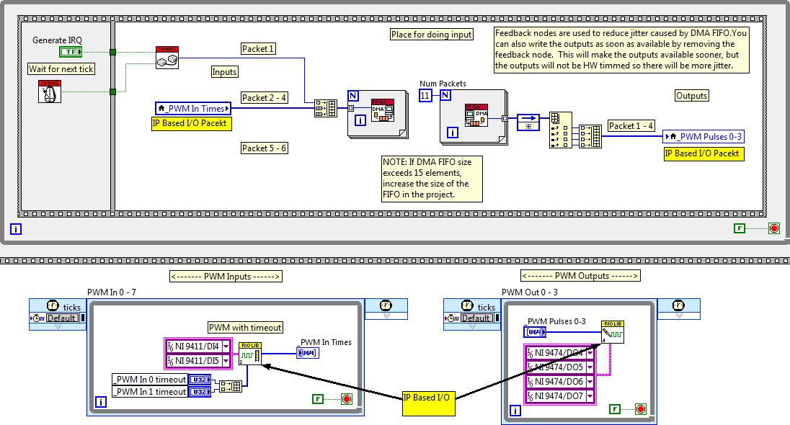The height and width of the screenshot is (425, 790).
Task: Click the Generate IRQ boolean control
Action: click(x=70, y=52)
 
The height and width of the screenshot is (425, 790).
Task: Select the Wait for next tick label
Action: click(x=61, y=69)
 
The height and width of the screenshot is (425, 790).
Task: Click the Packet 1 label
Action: click(x=258, y=49)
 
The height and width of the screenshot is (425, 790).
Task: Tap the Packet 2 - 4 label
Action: click(x=264, y=97)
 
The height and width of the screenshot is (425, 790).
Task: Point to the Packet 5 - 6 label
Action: click(x=264, y=148)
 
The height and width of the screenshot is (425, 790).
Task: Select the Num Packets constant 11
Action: click(x=426, y=94)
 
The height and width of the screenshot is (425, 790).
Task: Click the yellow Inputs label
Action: click(x=224, y=72)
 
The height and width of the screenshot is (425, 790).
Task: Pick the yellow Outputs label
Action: click(x=692, y=95)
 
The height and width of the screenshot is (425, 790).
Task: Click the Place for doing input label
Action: click(x=432, y=35)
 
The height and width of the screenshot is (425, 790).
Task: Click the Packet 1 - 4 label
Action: click(x=631, y=125)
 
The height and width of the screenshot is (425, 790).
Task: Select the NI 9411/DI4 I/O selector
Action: click(x=197, y=345)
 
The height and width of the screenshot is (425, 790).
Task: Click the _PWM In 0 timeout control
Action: click(x=150, y=379)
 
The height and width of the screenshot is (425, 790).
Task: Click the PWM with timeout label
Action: click(x=245, y=327)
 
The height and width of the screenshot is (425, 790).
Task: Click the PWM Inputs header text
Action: click(x=226, y=276)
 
